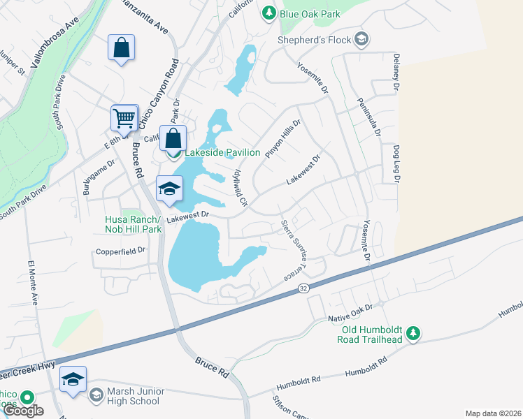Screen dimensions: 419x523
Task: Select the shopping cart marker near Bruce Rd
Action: click(124, 119)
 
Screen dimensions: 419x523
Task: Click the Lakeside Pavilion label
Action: click(222, 152)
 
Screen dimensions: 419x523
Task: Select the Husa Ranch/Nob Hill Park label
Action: click(134, 223)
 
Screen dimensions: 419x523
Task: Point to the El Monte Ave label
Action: click(34, 283)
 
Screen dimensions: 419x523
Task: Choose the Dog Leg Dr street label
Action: click(396, 164)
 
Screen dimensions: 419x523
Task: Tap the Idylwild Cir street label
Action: click(240, 188)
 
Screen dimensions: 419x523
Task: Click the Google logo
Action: click(22, 411)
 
